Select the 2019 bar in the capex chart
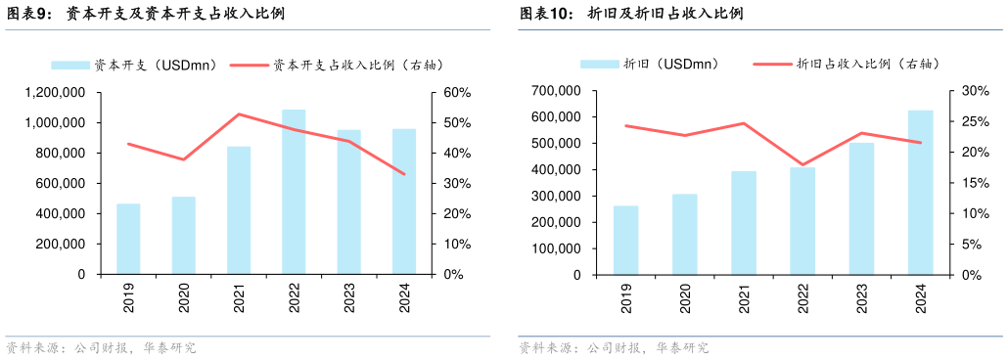pyautogui.click(x=128, y=239)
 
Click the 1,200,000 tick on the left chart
pyautogui.click(x=55, y=93)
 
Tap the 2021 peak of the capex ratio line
pyautogui.click(x=239, y=114)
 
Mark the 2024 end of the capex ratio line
pyautogui.click(x=404, y=174)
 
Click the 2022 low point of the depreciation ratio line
pyautogui.click(x=802, y=164)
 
